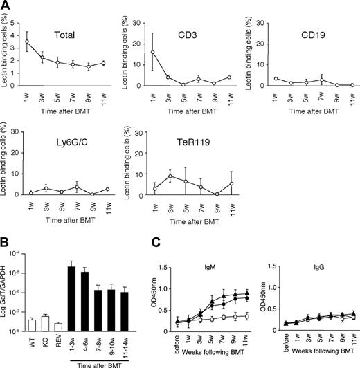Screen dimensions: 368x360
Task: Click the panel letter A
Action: coord(6,6)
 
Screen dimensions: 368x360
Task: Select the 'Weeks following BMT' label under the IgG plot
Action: coord(316,363)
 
